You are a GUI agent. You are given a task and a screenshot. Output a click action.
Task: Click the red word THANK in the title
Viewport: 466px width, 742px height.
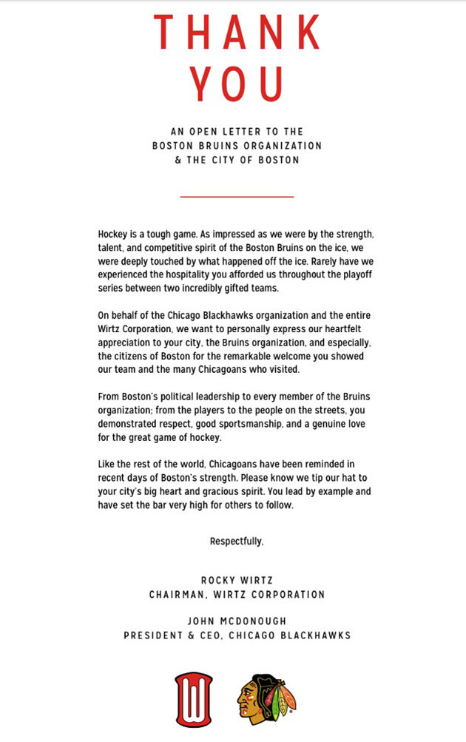click(237, 33)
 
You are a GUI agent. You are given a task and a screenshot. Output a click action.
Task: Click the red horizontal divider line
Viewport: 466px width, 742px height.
click(237, 197)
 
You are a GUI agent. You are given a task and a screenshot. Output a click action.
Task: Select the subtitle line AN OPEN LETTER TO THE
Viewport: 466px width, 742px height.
click(237, 132)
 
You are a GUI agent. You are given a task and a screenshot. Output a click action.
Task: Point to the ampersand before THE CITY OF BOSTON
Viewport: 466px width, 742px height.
click(178, 160)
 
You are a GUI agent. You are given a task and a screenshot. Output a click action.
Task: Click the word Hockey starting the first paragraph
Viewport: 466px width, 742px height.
click(112, 232)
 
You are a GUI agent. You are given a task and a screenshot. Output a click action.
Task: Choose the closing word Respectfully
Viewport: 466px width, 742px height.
click(237, 542)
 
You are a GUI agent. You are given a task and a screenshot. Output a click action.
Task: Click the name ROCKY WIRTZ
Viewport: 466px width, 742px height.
click(237, 581)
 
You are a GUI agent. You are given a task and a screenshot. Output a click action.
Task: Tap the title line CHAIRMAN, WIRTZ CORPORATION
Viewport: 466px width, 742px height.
click(237, 594)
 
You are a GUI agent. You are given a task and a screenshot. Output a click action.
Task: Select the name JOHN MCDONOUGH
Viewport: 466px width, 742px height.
click(237, 621)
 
